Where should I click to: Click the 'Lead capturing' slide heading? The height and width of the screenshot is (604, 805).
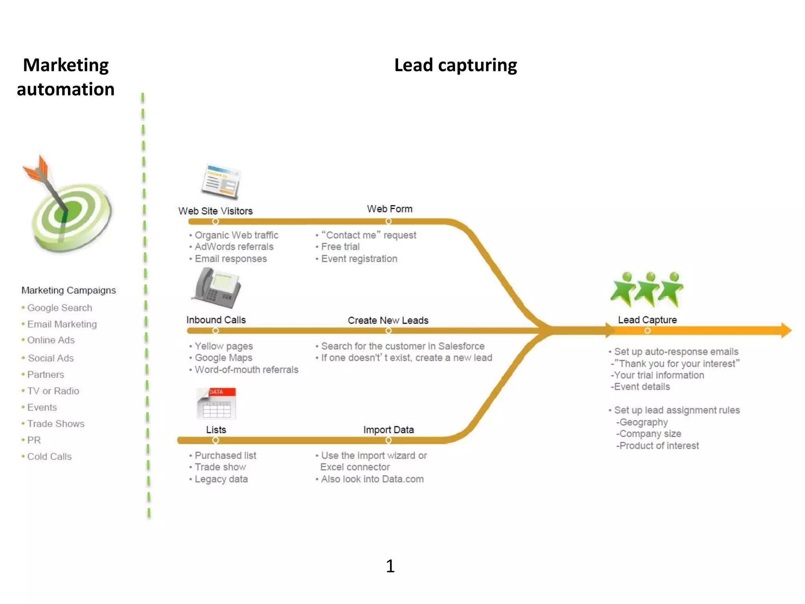(455, 65)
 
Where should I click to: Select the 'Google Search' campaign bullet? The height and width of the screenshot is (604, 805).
(59, 308)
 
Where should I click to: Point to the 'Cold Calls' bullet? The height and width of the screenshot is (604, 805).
(49, 457)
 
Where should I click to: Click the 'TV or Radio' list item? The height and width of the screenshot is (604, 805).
(53, 391)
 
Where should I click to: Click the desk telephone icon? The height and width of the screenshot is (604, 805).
(217, 288)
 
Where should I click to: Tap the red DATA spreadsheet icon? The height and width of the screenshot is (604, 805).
(216, 403)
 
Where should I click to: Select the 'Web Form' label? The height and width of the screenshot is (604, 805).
(390, 209)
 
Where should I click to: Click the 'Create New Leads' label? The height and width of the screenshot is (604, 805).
(388, 320)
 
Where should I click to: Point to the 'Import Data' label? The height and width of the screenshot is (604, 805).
(388, 430)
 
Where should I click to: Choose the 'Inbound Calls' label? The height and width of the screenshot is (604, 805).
(216, 320)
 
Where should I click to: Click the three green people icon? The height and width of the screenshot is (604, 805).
(647, 289)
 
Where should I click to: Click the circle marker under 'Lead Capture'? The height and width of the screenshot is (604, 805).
(647, 331)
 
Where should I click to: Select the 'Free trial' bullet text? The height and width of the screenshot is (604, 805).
(340, 247)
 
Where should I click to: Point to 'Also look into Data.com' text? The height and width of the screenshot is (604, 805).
(372, 479)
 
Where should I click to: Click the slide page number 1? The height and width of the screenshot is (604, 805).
(390, 566)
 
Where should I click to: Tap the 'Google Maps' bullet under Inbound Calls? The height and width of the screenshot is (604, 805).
(223, 358)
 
